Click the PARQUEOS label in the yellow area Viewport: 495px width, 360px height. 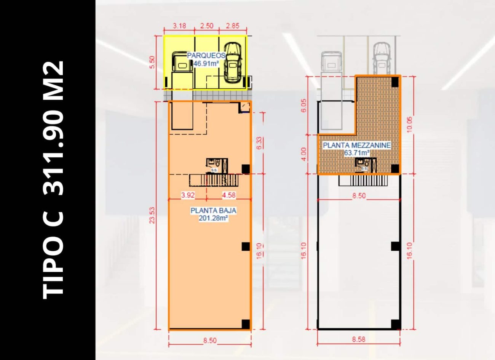click(x=206, y=55)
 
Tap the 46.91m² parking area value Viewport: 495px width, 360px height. click(x=206, y=63)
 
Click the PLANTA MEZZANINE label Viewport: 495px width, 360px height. click(x=357, y=145)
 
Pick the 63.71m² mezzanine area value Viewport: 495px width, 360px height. click(x=357, y=153)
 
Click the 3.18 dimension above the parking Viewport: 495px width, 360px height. click(x=179, y=26)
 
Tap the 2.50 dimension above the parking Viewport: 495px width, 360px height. click(x=206, y=26)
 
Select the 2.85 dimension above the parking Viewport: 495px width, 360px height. click(x=232, y=26)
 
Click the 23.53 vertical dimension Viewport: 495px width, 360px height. click(x=152, y=215)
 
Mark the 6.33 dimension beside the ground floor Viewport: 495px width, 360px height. click(x=259, y=143)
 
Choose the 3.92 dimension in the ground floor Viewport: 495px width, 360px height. click(x=188, y=195)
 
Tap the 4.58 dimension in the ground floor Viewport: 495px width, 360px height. click(x=228, y=195)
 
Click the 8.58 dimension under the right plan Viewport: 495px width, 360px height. click(x=359, y=339)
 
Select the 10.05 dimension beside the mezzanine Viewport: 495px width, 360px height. click(x=410, y=125)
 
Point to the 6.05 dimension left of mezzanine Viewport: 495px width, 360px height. click(x=303, y=106)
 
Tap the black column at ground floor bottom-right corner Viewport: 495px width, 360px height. click(x=246, y=324)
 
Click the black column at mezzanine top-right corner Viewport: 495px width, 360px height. click(x=396, y=81)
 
